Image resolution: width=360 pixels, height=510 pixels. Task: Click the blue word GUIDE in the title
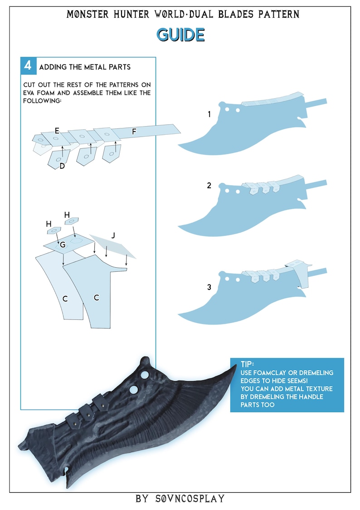point(180,34)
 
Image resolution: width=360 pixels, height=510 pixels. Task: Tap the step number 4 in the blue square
point(28,66)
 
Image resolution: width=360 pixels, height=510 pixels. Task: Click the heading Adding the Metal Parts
point(85,67)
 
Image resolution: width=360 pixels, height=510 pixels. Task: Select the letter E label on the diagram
point(57,131)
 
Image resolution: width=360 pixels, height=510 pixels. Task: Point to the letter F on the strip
point(134,132)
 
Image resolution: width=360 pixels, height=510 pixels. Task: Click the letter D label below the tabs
point(62,166)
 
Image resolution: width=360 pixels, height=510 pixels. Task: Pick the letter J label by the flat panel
point(113,235)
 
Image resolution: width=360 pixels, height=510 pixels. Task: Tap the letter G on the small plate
point(63,245)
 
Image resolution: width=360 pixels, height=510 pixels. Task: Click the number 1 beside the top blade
point(209,114)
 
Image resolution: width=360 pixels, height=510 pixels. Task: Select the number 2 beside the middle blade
point(209,185)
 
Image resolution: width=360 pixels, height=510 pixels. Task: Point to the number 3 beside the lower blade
point(209,287)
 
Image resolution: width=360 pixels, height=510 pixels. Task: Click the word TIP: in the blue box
point(248,364)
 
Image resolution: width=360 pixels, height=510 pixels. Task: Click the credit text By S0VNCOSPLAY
point(180,499)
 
